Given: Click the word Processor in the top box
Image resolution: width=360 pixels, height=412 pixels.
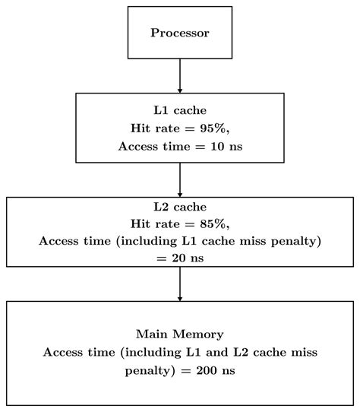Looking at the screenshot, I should click(x=179, y=33).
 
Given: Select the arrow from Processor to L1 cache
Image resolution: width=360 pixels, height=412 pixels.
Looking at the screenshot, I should click(x=180, y=74).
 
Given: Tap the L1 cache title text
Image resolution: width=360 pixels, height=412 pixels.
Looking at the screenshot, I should click(x=179, y=111).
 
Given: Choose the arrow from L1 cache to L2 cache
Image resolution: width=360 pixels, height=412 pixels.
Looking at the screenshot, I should click(x=180, y=179).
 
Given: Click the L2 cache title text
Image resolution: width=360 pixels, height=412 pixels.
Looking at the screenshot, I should click(x=179, y=207).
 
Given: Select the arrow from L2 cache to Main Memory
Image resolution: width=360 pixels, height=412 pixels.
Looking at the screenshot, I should click(x=180, y=284).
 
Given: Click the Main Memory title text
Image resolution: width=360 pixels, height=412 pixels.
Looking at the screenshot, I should click(x=179, y=334).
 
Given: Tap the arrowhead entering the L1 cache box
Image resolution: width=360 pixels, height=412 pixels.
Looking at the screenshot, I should click(x=180, y=89).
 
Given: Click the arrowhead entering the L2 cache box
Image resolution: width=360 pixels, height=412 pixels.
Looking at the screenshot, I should click(x=180, y=193).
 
